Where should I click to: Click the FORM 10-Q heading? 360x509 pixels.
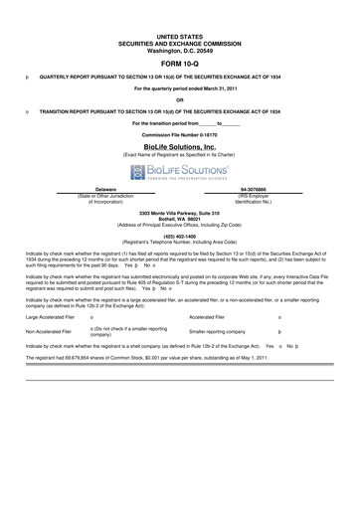point(179,62)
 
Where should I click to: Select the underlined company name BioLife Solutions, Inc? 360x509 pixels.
point(179,146)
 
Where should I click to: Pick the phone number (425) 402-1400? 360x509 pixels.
point(179,236)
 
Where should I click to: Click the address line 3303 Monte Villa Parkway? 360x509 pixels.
point(179,215)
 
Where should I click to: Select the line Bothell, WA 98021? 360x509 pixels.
point(179,221)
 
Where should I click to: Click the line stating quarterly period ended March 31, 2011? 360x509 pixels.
point(179,87)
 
